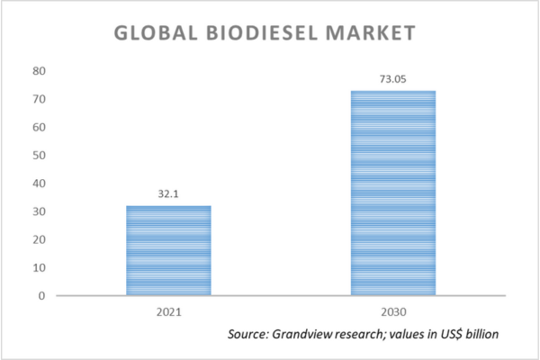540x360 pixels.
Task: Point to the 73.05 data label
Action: (393, 79)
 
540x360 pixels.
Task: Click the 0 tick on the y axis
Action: (40, 295)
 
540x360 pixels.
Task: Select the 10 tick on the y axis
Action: (38, 267)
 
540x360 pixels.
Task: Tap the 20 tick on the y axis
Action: (38, 239)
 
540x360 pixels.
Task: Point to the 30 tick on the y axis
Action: (38, 211)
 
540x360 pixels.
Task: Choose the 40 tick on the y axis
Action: (38, 184)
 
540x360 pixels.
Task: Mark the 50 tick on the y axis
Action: (38, 155)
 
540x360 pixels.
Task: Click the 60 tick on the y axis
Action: (38, 127)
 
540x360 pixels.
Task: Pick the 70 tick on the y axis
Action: (38, 99)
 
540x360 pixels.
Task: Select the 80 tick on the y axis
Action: (38, 71)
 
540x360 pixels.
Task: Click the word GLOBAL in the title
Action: (152, 33)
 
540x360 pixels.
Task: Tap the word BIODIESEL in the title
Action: (262, 33)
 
